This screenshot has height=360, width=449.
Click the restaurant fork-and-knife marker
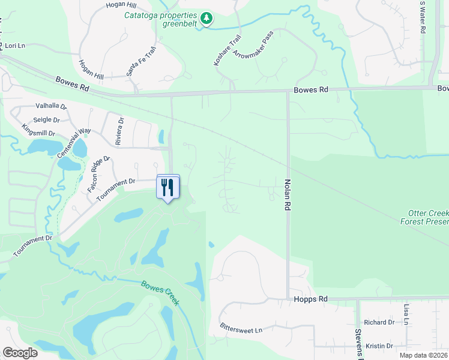[168, 187]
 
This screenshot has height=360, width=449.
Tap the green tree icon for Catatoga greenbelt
[206, 19]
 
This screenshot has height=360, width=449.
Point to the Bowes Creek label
[160, 292]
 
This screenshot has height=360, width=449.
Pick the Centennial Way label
[73, 143]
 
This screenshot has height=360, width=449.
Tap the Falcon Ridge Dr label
[100, 173]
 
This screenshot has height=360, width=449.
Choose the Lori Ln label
[14, 46]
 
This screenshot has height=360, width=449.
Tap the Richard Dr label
[378, 322]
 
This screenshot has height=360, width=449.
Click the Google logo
[20, 353]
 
